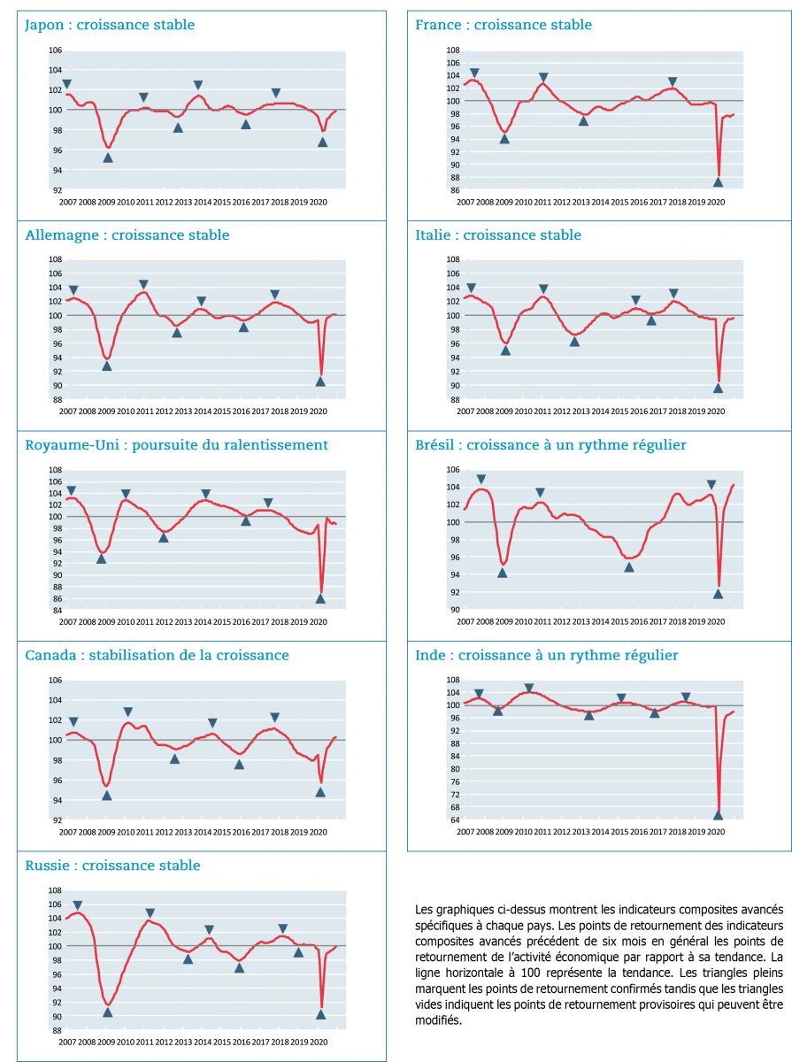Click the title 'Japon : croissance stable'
coord(109,25)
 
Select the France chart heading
coord(504,25)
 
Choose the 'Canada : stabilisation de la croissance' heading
coord(156,655)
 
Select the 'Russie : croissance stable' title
coord(112,865)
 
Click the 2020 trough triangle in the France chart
coord(718,182)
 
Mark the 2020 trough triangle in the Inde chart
coord(718,815)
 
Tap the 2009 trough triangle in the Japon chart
coord(108,158)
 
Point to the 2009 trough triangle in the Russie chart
coord(108,1012)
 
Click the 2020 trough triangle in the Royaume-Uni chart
coord(320,598)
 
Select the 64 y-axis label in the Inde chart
coord(452,820)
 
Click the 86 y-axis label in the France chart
coord(452,190)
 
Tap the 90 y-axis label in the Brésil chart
coord(452,610)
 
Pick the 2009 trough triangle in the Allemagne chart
coord(107,366)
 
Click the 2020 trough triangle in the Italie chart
coord(718,388)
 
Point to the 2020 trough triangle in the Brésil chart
coord(718,594)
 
